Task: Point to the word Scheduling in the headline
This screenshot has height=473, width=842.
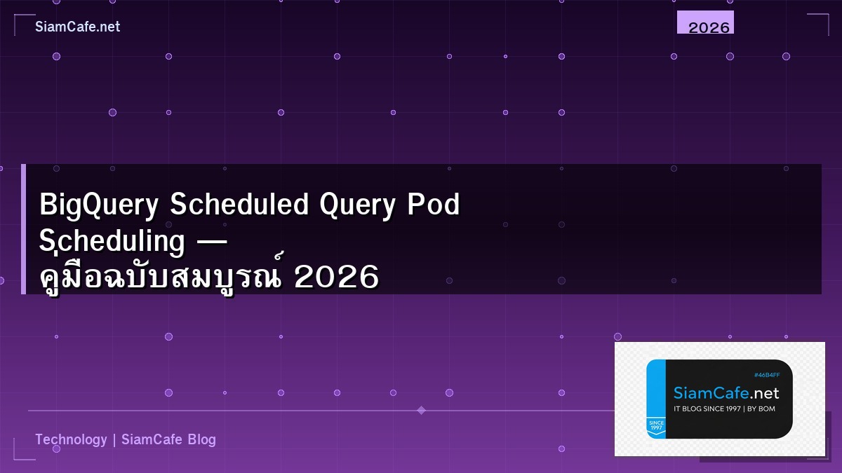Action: pos(112,242)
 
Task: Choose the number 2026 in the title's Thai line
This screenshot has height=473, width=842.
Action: pos(337,278)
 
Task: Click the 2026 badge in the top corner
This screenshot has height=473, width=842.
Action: pos(709,27)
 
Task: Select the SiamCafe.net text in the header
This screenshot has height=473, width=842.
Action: pos(77,27)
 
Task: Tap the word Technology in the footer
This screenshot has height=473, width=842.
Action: pos(71,439)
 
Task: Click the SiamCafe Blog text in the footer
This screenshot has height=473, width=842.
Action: pos(168,439)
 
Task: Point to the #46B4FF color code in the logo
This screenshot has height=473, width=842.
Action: pos(766,376)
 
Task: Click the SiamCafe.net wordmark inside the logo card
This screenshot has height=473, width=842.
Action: pos(726,393)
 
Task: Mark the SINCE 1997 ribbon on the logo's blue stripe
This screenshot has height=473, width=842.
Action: pos(656,426)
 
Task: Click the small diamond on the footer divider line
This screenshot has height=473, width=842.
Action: pos(421,410)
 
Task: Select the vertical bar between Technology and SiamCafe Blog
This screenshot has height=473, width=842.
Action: pos(114,439)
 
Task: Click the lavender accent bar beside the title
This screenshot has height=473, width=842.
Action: pos(23,229)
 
